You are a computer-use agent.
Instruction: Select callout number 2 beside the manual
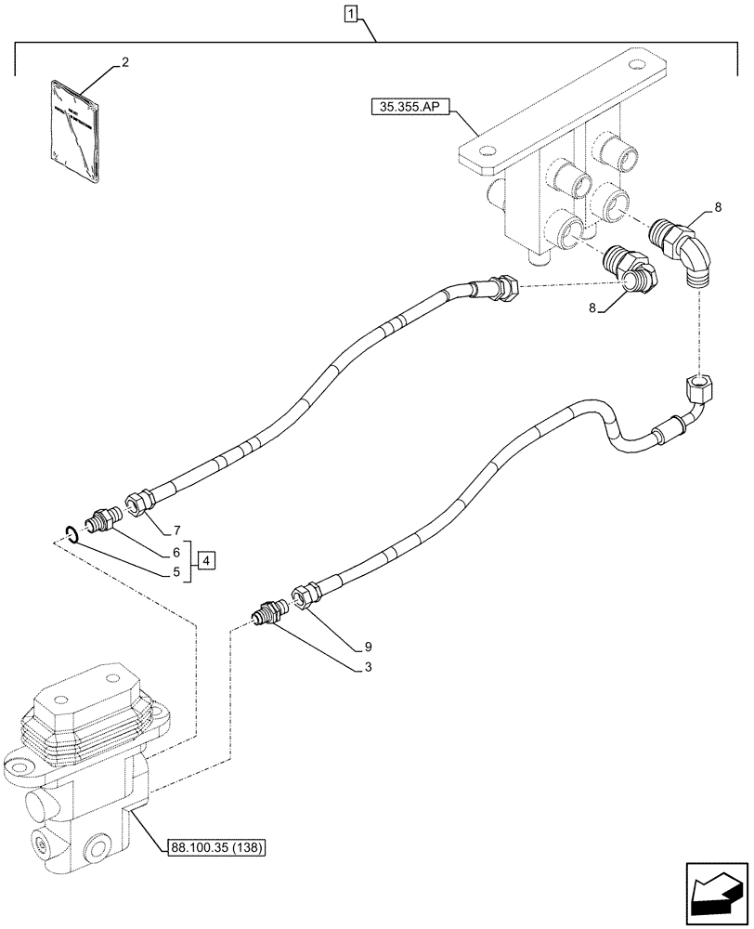pos(124,62)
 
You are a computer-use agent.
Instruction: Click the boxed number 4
pos(205,560)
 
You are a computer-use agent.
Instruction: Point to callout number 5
pos(175,573)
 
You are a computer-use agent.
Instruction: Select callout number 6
pos(175,552)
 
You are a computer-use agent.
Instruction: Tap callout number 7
pos(175,531)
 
